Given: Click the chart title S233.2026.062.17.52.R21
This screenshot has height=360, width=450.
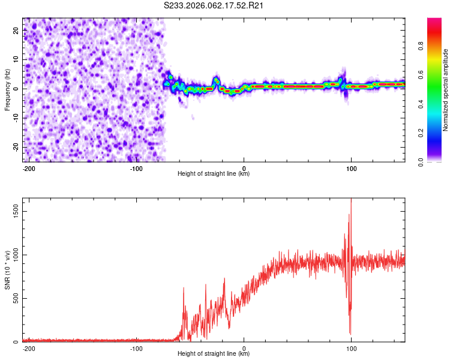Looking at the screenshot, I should [x=214, y=6].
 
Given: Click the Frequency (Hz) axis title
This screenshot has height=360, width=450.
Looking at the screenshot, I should [x=7, y=90].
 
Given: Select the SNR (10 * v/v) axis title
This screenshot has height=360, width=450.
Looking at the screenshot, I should [x=7, y=270].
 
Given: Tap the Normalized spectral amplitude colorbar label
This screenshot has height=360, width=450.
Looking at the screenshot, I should [x=445, y=90].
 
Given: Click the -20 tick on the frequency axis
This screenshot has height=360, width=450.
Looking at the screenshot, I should [x=15, y=146].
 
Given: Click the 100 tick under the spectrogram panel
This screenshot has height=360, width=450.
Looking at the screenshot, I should [x=350, y=168].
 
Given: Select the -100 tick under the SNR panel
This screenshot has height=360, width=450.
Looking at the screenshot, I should [x=136, y=348].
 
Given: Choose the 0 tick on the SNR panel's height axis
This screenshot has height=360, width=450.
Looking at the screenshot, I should [x=244, y=348].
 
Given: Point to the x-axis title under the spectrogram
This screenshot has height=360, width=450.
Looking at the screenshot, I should [x=214, y=174].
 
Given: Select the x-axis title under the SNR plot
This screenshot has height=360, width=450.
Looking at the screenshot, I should [x=214, y=354].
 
